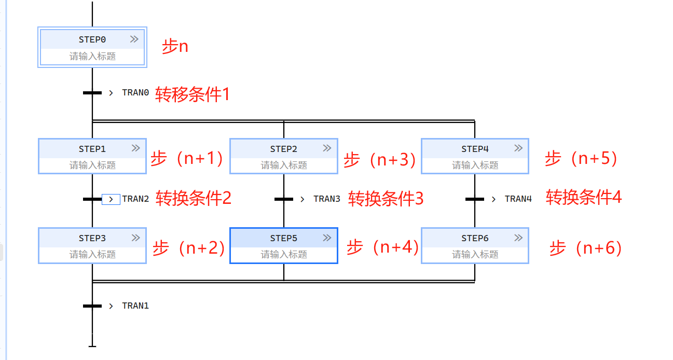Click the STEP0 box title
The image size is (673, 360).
click(x=92, y=39)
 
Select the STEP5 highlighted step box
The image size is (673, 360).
click(x=283, y=245)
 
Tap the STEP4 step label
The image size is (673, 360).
click(x=475, y=149)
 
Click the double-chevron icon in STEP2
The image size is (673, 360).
click(x=327, y=148)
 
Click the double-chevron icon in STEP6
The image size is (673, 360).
click(x=518, y=238)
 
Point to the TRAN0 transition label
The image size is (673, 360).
click(x=135, y=93)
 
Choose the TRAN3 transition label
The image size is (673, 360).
click(x=327, y=199)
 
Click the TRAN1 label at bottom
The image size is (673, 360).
click(x=135, y=306)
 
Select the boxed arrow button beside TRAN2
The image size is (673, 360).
click(x=111, y=199)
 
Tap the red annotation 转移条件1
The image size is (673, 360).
click(x=192, y=94)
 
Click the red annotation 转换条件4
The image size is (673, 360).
click(x=583, y=197)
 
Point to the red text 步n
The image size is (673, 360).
click(x=175, y=47)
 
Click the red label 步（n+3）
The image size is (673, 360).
click(x=380, y=160)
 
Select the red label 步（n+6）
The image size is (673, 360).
click(x=585, y=248)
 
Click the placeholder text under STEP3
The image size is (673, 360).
click(x=92, y=255)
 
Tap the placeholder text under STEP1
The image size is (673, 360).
click(x=92, y=165)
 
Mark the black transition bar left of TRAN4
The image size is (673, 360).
click(x=475, y=199)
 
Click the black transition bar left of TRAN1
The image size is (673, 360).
click(x=92, y=306)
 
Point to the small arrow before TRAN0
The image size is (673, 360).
click(x=111, y=93)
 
